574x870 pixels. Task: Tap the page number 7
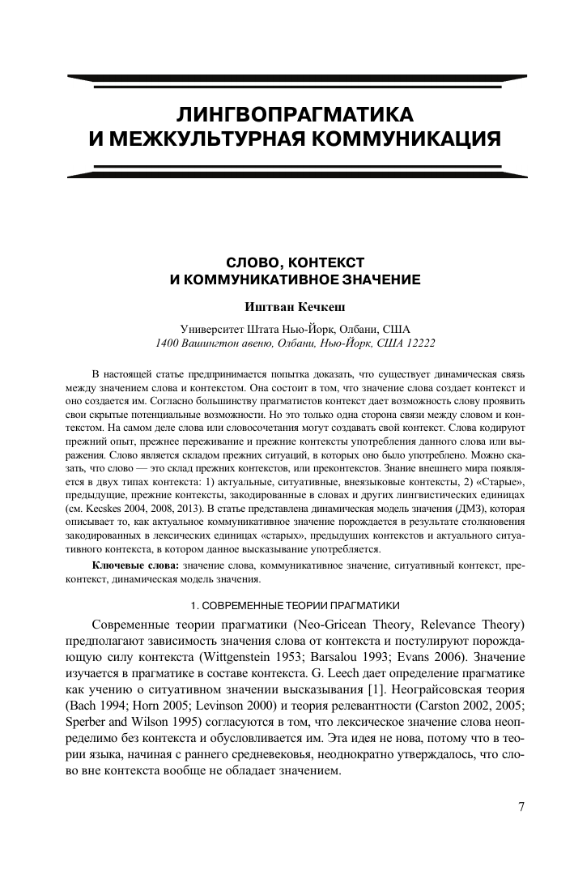[522, 807]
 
